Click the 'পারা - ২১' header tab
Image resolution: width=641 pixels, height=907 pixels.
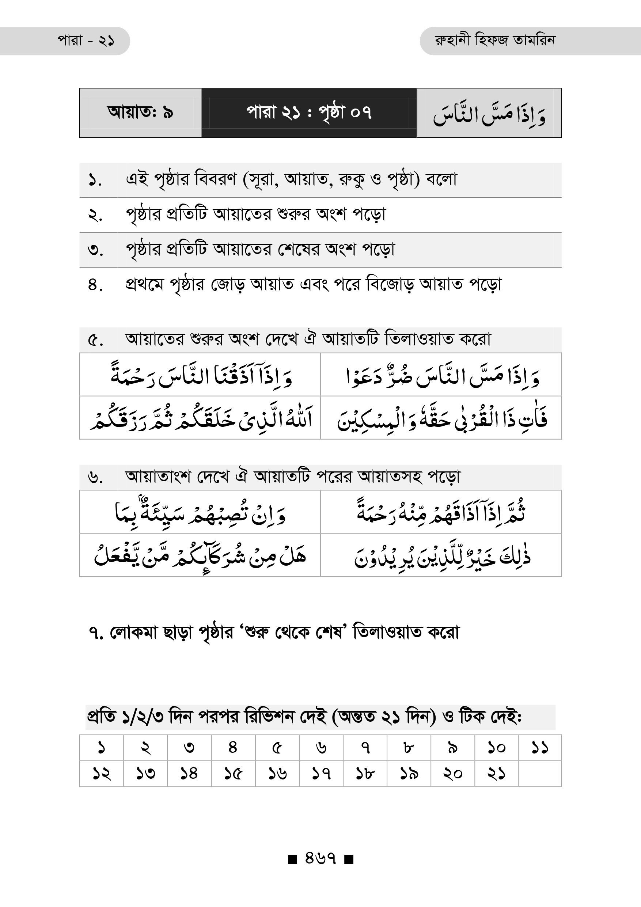86,41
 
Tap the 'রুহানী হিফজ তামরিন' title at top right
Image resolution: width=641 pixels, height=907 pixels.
495,41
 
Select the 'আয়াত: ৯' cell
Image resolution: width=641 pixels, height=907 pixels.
140,113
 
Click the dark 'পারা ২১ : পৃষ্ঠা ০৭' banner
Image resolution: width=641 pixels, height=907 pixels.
309,113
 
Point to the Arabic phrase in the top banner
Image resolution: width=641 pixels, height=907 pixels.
489,114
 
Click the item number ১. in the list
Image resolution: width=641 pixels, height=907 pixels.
95,181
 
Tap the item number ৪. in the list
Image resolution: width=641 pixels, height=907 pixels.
95,285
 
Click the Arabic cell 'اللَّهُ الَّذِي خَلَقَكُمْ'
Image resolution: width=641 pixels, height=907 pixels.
200,418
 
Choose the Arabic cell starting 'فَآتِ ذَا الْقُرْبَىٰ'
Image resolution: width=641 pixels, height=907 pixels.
441,418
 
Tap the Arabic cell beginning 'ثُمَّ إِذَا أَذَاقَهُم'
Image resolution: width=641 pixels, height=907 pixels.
441,512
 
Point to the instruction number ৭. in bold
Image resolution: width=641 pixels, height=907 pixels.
96,633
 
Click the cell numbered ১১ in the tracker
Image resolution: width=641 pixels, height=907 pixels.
540,747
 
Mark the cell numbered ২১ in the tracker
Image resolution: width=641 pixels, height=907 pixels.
496,774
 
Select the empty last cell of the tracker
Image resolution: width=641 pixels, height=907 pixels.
540,774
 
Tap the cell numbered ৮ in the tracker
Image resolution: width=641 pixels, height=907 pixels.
408,747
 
